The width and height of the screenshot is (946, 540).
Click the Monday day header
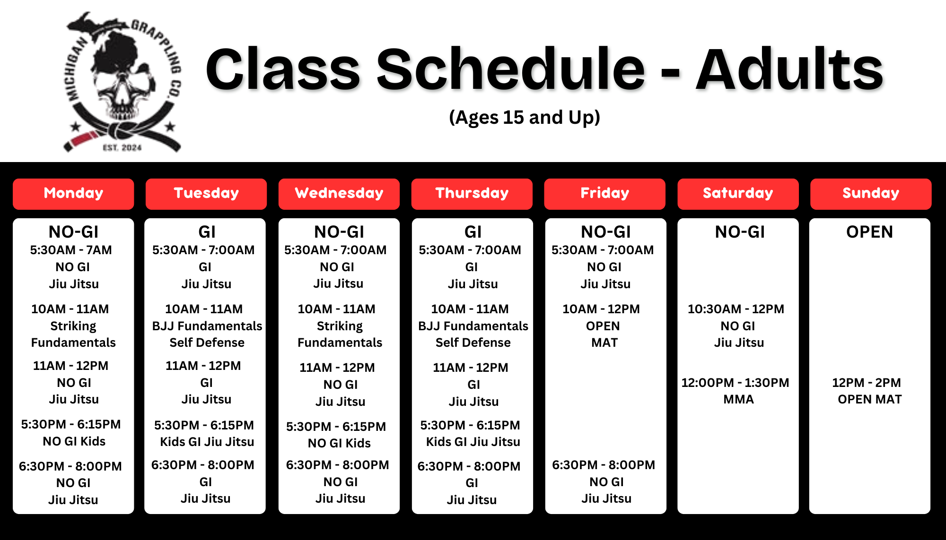point(73,194)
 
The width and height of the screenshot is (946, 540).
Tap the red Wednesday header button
point(339,194)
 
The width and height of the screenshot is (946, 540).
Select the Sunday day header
point(871,194)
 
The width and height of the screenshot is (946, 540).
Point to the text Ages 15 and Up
point(525,117)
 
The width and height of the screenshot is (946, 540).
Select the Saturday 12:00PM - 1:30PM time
point(735,383)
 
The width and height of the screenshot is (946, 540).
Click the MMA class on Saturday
point(738,400)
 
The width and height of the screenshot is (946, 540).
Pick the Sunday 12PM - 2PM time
point(867,383)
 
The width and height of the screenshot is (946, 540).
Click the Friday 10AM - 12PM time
point(601,309)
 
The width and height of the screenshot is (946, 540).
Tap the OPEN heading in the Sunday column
point(869,232)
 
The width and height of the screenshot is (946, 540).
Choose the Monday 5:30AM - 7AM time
point(71,250)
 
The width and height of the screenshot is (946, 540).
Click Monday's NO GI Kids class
point(74,441)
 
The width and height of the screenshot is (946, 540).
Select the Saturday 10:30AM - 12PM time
point(736,309)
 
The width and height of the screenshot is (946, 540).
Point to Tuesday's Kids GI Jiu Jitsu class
point(207,442)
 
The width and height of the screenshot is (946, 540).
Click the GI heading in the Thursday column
point(473,232)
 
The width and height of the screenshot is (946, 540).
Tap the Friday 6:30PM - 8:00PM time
point(604,465)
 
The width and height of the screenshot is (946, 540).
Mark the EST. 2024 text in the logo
point(123,148)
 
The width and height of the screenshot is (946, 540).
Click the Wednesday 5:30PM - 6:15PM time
point(336,427)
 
